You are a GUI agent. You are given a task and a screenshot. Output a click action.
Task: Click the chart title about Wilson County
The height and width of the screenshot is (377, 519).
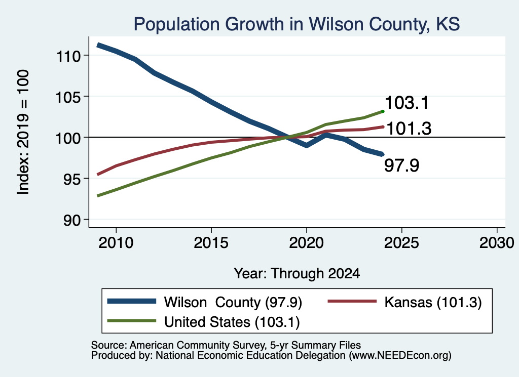[296, 24]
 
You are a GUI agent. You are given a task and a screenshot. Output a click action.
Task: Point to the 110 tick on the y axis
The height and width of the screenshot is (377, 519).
[68, 56]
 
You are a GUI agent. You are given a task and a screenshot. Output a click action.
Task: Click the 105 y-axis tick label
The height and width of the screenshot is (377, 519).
[68, 97]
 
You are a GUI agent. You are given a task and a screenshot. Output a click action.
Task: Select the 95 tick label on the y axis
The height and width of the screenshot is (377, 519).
[72, 179]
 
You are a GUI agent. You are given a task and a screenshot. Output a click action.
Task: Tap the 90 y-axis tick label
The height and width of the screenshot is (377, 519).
[72, 220]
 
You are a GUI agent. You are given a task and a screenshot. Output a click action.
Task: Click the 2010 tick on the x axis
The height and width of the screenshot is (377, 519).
[116, 243]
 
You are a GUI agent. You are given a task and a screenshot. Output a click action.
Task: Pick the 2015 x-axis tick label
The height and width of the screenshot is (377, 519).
[211, 243]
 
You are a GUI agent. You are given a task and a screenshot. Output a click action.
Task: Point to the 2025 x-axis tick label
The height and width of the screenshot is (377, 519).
[401, 243]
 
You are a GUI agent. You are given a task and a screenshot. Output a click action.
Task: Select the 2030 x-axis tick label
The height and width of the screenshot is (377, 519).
[497, 243]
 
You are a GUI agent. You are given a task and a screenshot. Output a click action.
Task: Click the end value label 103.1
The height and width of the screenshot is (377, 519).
[407, 103]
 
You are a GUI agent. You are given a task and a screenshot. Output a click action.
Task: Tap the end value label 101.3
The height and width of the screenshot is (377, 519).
[409, 128]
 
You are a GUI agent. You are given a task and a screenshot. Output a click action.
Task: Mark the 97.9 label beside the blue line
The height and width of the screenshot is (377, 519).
[401, 165]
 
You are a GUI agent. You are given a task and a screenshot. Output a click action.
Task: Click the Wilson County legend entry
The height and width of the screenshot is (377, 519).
[205, 302]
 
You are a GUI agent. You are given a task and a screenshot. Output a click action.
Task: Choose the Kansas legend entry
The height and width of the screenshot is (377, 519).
[404, 302]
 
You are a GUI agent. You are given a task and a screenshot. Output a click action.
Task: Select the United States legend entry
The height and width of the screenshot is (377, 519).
[204, 322]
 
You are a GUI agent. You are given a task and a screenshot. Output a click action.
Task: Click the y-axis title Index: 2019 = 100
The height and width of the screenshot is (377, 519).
[23, 132]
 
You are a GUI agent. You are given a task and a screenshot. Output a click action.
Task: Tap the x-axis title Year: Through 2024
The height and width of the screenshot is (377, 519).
[297, 274]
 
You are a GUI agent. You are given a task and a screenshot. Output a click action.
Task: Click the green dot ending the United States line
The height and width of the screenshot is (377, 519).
[383, 111]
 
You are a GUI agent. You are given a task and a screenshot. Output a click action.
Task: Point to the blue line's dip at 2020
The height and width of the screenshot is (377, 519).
[307, 145]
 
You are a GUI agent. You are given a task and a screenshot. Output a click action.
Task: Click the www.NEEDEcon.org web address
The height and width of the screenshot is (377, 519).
[400, 356]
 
